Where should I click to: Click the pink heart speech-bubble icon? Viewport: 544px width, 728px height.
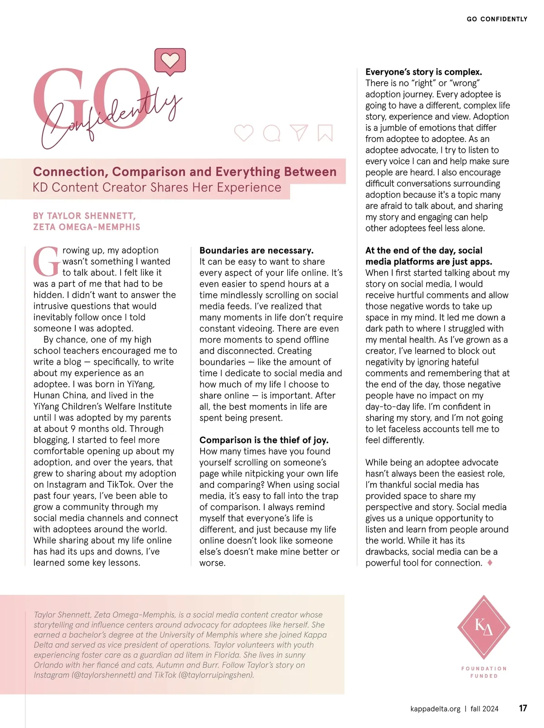click(x=170, y=61)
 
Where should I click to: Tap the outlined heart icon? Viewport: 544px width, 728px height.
click(x=243, y=133)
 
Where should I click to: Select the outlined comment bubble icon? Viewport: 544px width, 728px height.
click(x=272, y=133)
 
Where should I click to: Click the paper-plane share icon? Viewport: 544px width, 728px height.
click(x=299, y=132)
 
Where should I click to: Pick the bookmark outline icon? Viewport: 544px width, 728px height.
click(x=325, y=133)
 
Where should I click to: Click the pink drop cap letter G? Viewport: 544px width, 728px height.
click(x=46, y=262)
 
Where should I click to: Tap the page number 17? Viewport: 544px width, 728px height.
click(x=523, y=708)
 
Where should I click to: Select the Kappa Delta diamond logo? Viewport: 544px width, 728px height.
click(x=484, y=627)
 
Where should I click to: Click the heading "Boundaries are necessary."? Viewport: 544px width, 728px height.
click(x=256, y=250)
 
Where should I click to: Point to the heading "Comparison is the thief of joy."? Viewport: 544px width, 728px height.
click(x=264, y=440)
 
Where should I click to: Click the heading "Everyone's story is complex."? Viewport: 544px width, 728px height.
click(x=423, y=72)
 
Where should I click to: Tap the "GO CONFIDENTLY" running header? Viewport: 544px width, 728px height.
click(x=497, y=19)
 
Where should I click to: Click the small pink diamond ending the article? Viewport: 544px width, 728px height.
click(x=490, y=563)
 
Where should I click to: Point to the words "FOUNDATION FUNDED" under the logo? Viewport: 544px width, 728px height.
click(x=484, y=672)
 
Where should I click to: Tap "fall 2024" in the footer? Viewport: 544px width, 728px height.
click(x=484, y=709)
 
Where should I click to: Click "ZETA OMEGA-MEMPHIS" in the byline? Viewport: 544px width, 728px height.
click(x=87, y=227)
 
